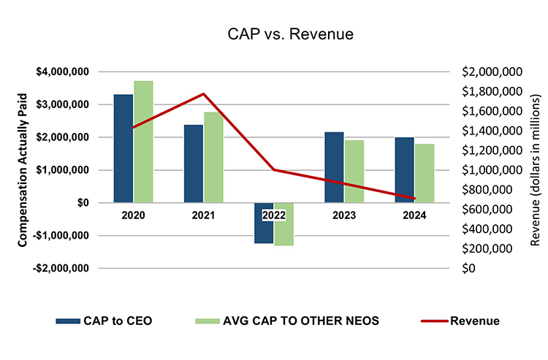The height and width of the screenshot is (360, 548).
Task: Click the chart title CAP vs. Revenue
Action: click(x=273, y=34)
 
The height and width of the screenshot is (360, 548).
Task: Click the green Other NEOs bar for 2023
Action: click(x=354, y=171)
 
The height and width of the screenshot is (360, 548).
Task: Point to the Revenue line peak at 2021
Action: click(x=204, y=93)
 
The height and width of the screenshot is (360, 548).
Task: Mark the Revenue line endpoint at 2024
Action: click(x=414, y=199)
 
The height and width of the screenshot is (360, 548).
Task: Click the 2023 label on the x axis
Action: click(x=344, y=215)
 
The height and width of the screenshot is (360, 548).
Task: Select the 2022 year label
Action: click(x=274, y=215)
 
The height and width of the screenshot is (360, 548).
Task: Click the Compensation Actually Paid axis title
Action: click(x=23, y=169)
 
